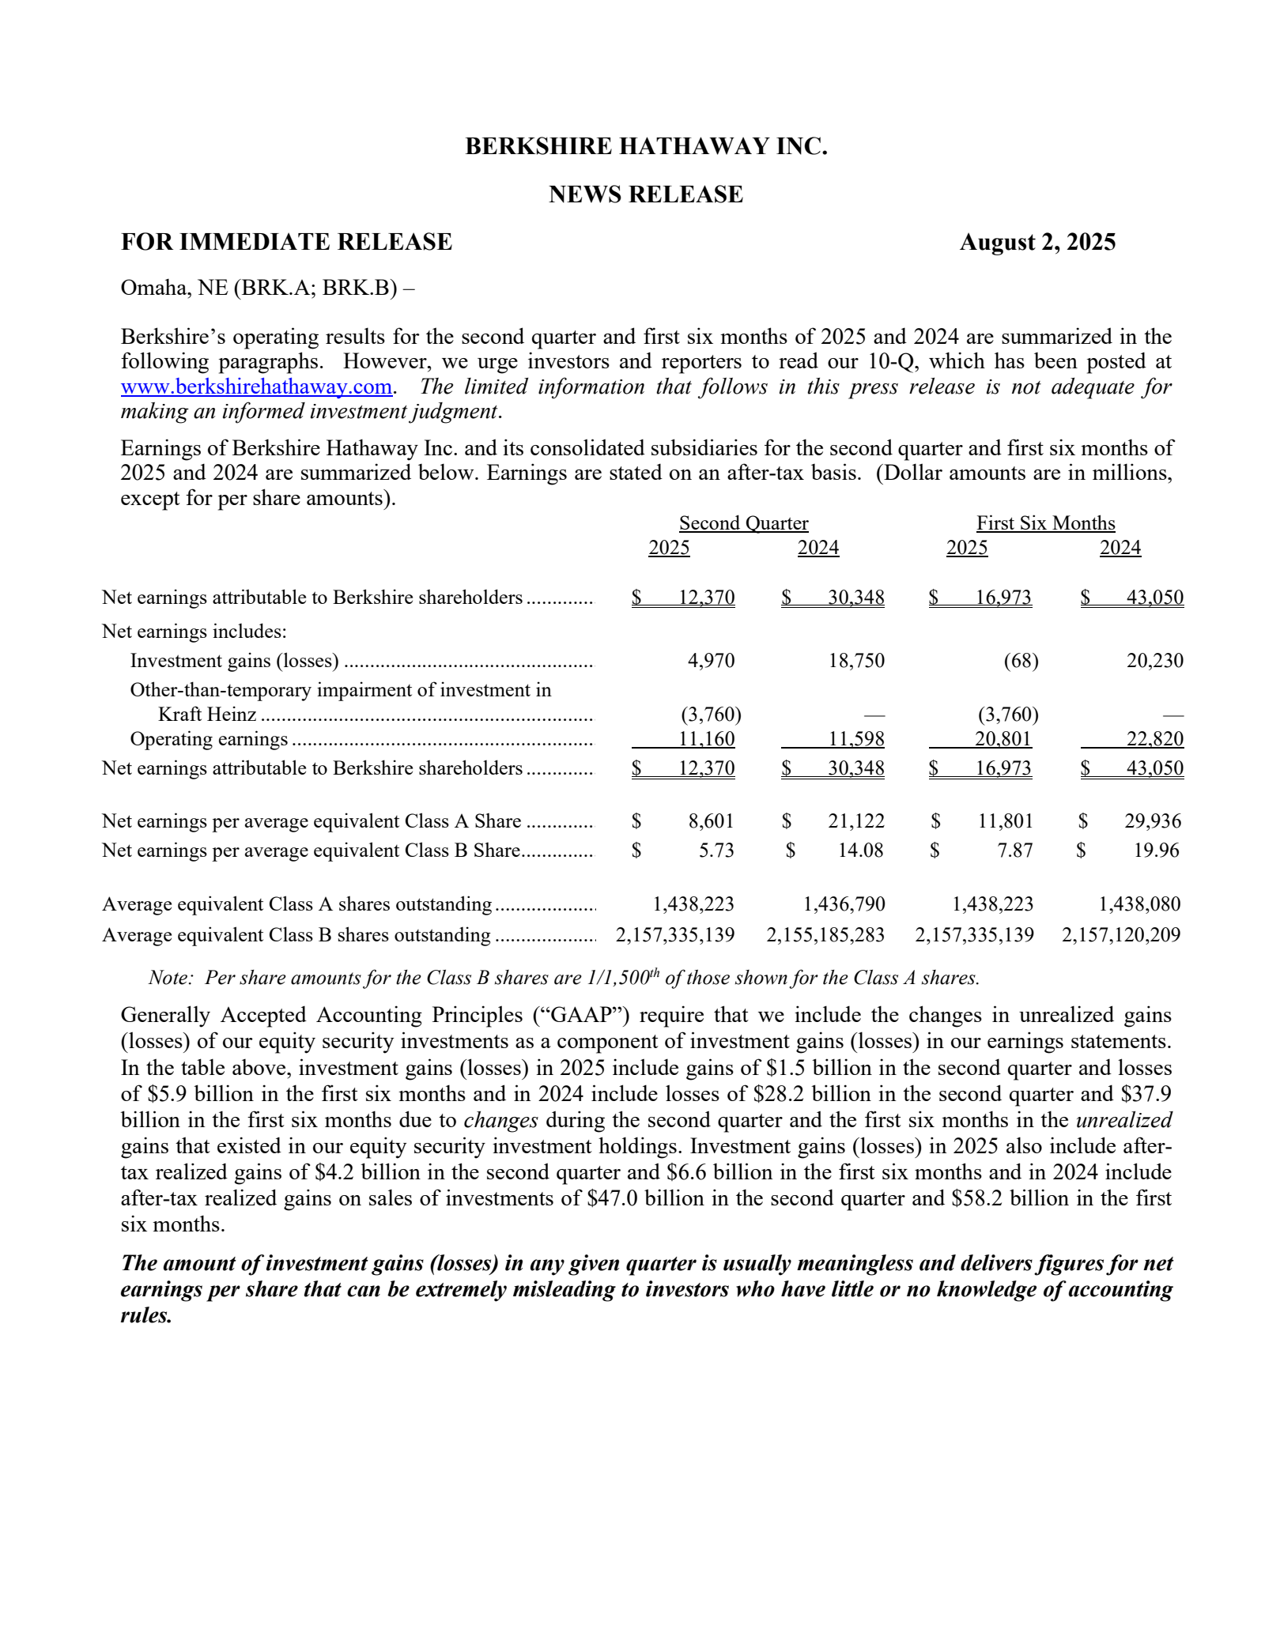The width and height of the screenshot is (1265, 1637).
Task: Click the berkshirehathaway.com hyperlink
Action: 256,387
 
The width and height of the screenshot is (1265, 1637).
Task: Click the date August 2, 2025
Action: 1037,242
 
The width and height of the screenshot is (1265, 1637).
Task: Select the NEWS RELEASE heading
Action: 646,194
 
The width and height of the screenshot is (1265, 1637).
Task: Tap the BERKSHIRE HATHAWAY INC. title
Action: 646,146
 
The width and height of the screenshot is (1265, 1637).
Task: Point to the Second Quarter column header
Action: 743,523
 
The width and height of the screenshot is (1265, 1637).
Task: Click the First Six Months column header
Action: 1045,523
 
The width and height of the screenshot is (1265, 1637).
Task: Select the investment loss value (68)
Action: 1021,661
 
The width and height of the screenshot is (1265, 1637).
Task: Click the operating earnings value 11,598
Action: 857,739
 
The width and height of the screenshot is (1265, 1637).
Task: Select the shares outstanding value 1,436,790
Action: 844,904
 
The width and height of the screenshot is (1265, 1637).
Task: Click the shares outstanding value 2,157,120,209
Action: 1121,935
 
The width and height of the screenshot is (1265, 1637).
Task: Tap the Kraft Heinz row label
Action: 207,715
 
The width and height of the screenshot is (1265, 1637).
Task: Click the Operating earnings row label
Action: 209,739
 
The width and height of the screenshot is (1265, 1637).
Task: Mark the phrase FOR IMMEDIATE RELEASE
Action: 286,242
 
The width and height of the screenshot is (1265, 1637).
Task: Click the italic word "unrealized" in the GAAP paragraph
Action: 1123,1120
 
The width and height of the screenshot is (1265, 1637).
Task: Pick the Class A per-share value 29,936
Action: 1153,821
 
